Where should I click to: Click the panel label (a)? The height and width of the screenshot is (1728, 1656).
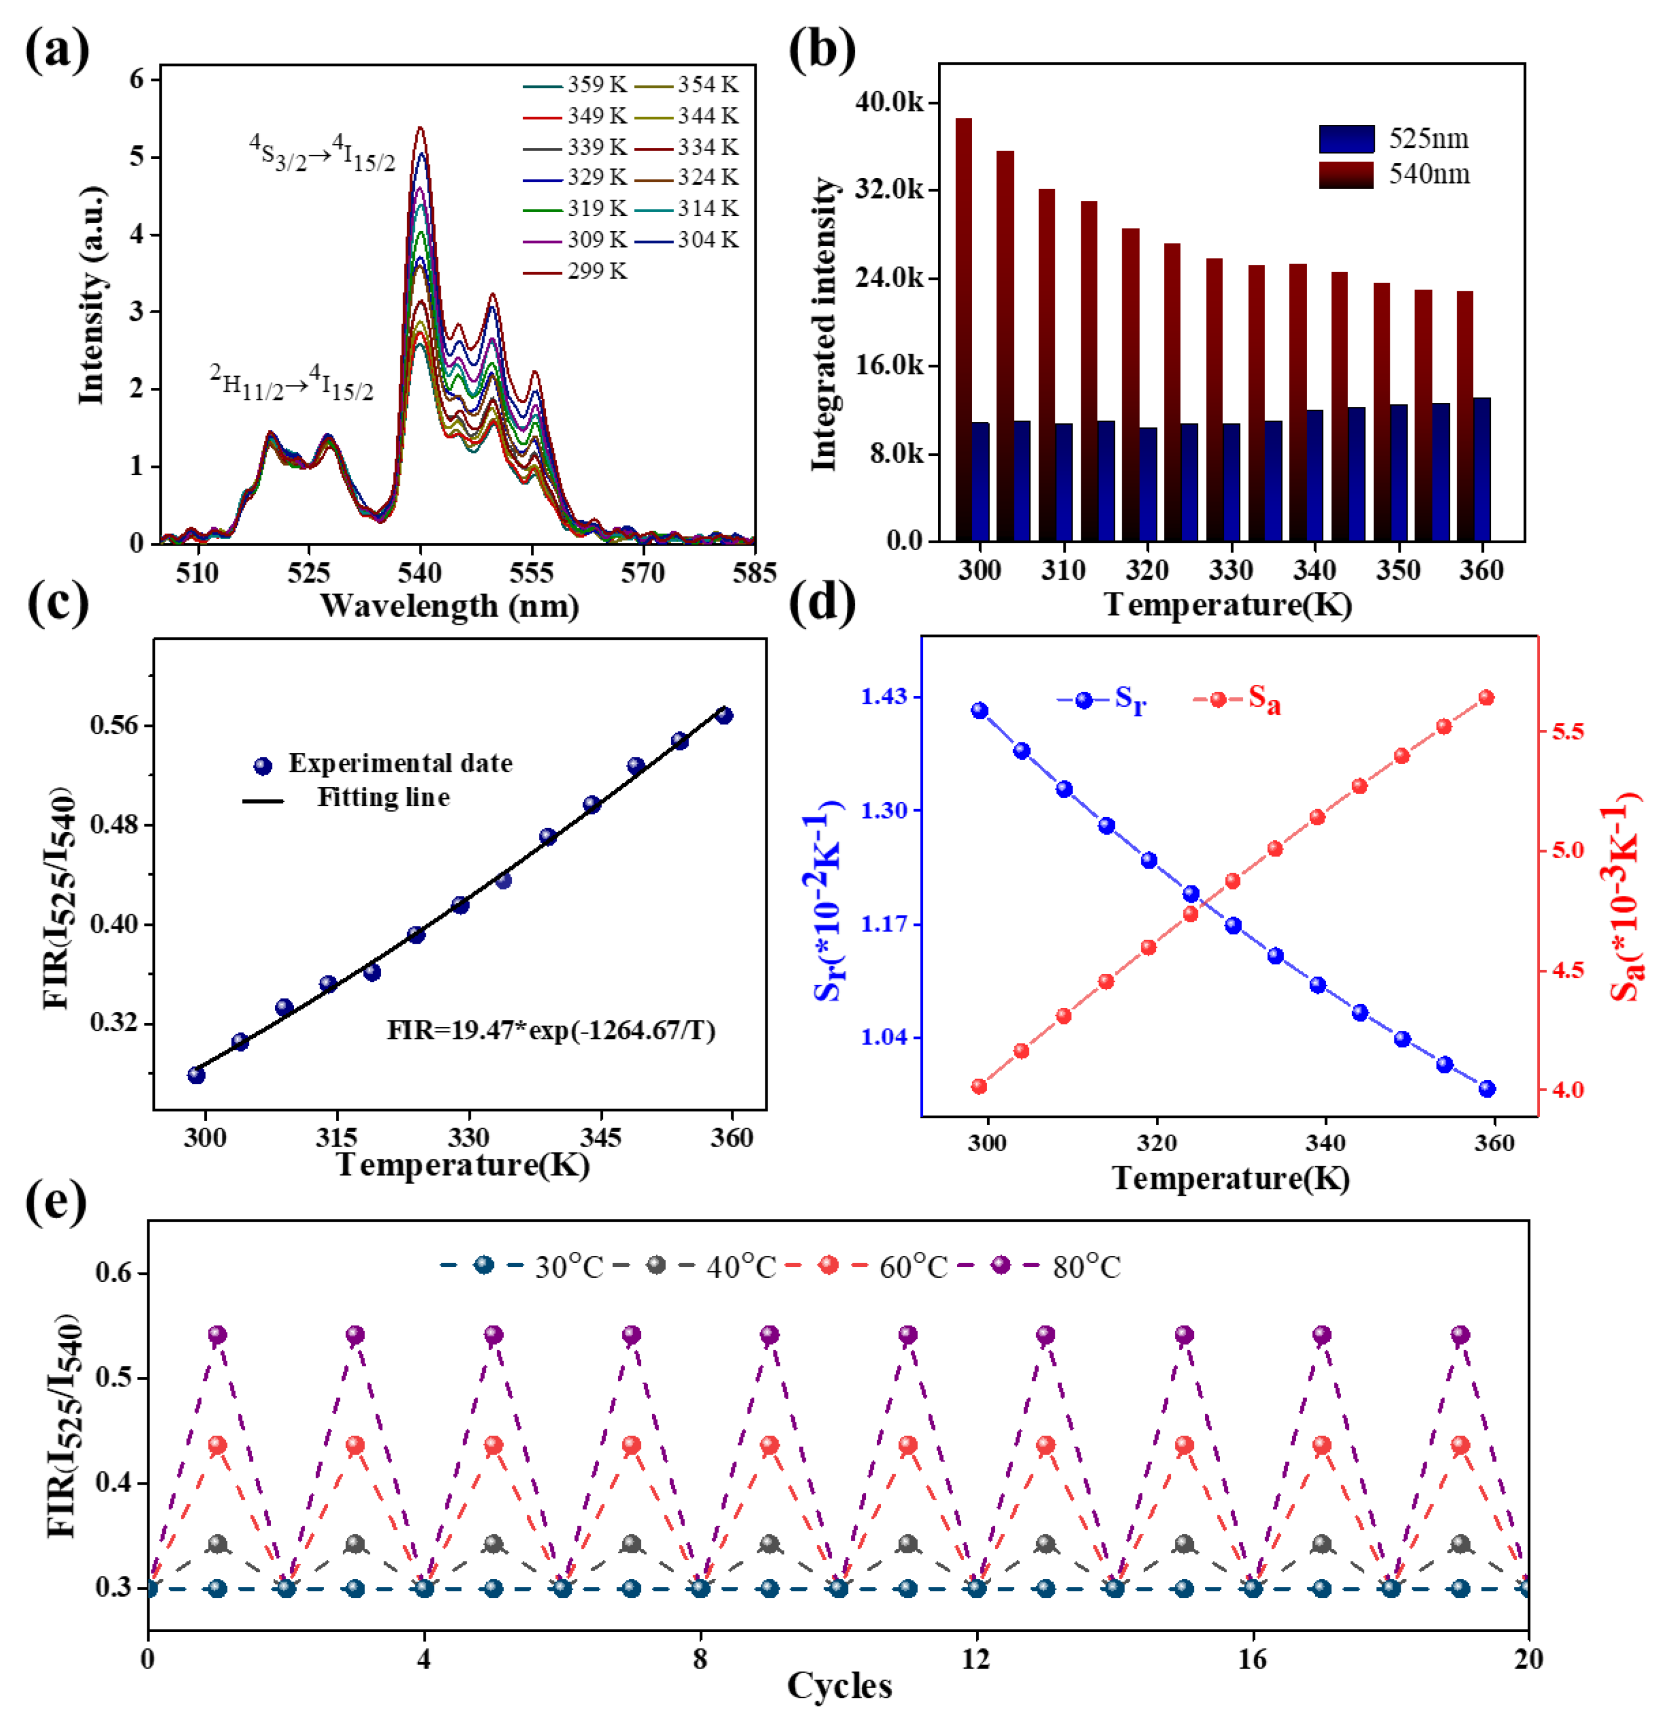(57, 50)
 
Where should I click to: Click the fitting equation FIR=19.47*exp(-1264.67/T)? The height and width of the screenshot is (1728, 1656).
(551, 1030)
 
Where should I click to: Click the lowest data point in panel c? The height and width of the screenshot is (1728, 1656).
(196, 1075)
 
